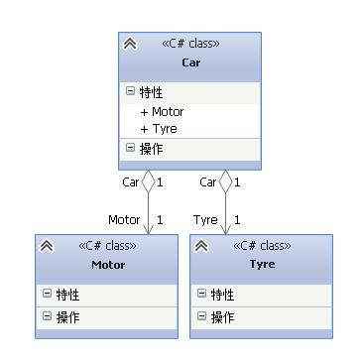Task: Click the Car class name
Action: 190,62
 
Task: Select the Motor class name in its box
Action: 108,265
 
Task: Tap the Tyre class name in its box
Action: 263,265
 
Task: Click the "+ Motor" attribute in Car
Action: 162,112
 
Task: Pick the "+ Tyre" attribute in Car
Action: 159,129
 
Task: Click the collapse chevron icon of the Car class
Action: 130,44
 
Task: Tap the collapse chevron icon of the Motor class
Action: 46,246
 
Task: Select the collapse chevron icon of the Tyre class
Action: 200,246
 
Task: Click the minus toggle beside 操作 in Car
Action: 130,149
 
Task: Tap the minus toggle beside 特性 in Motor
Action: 47,295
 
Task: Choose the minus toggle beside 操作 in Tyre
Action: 201,317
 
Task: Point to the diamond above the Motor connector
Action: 148,181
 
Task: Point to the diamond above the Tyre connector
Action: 225,181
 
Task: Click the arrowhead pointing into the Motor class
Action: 148,228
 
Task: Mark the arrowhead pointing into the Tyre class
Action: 225,228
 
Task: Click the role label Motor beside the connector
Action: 124,219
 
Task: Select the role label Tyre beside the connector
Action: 205,219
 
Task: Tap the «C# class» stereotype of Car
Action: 190,44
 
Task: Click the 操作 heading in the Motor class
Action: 68,317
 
